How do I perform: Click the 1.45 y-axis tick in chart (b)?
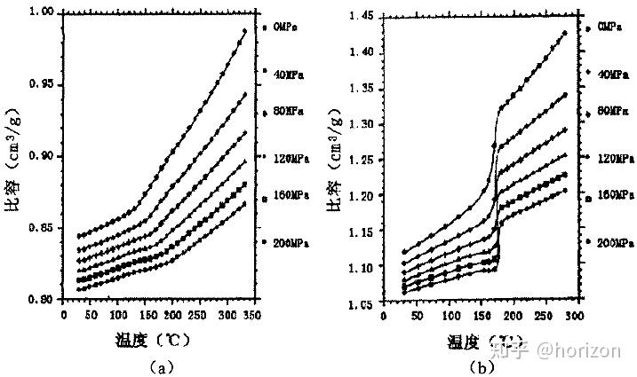coord(356,16)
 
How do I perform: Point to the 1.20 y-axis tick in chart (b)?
coord(356,194)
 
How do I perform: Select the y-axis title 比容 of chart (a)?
coord(13,160)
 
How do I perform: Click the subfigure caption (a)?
coord(156,364)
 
